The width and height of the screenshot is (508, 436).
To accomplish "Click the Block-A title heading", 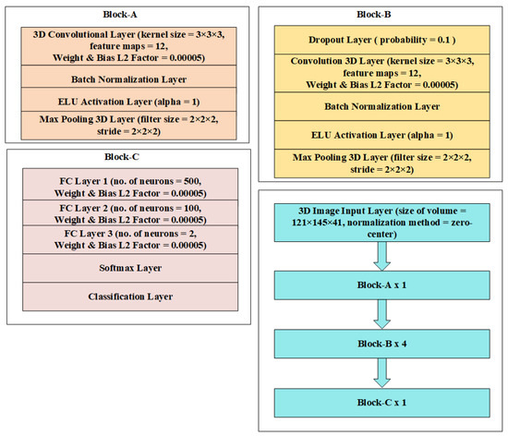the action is (x=120, y=15).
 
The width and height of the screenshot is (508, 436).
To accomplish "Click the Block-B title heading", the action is (x=373, y=15).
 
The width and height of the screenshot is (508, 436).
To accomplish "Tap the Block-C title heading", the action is (x=122, y=157).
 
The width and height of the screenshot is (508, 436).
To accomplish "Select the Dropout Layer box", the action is (x=382, y=40).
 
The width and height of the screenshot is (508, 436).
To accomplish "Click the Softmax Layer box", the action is (x=130, y=268).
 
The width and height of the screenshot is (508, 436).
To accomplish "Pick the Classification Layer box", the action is (x=130, y=297).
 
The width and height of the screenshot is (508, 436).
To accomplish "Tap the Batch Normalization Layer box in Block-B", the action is (x=382, y=106).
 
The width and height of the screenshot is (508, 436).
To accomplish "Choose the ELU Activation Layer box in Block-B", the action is (x=382, y=135).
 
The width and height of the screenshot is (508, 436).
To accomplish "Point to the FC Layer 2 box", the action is (x=130, y=212).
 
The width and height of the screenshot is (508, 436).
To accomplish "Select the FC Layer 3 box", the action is (x=130, y=239).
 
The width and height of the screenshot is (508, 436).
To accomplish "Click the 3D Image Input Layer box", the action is (x=382, y=223).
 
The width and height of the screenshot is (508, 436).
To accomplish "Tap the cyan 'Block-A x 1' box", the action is (x=382, y=285).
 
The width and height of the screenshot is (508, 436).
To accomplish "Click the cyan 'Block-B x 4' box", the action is (x=382, y=344).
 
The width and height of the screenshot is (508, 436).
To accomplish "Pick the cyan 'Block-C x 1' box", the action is (x=382, y=403).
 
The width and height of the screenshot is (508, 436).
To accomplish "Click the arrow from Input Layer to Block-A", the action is (x=382, y=256).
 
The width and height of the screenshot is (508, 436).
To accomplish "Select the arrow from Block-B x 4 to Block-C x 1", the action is (x=382, y=373).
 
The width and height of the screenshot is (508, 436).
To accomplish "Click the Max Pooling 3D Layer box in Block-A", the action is (x=128, y=126).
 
